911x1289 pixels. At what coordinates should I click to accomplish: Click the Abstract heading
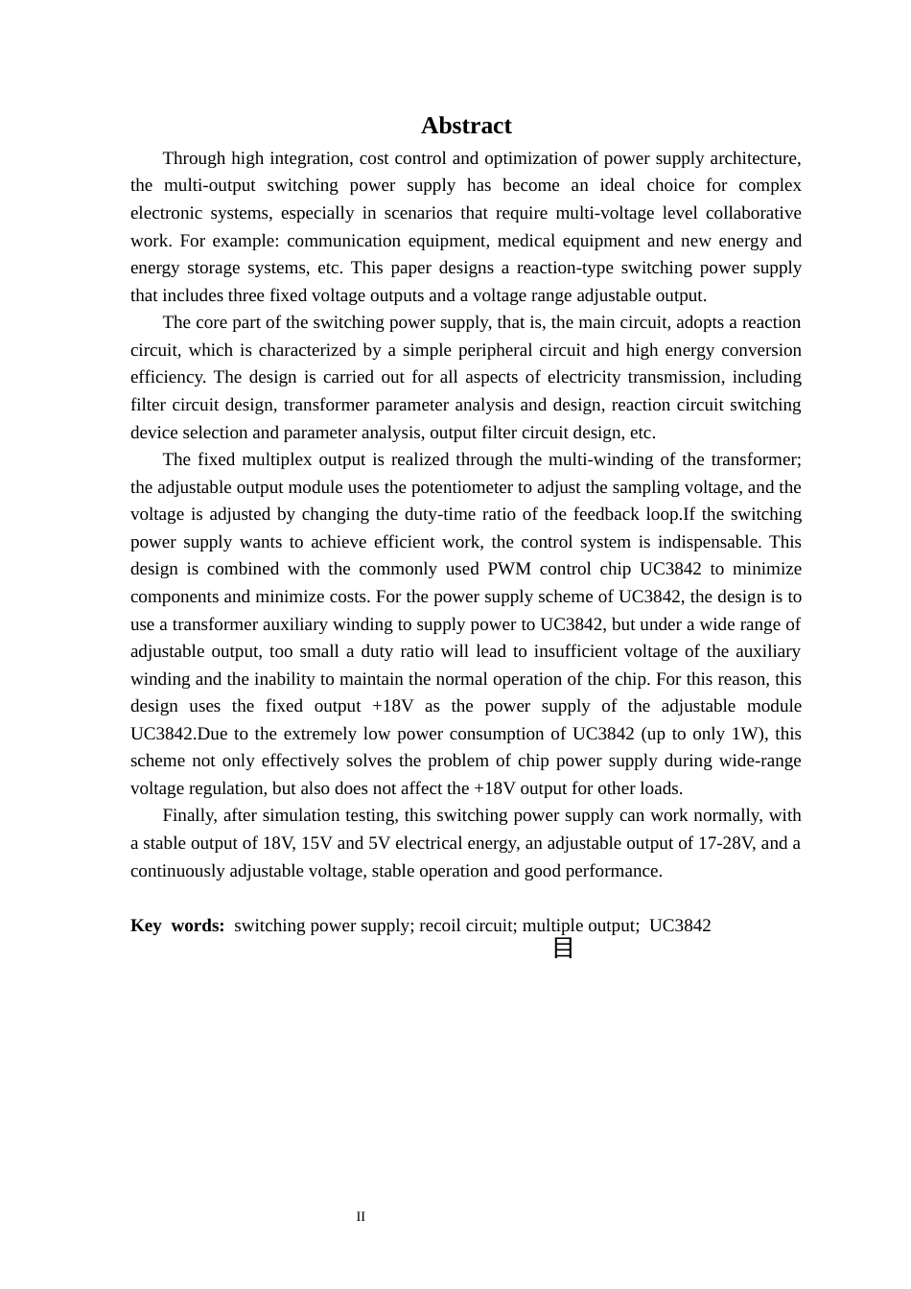pos(466,126)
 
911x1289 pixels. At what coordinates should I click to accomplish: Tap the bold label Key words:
pos(177,926)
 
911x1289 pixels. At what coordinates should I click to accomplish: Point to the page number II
pos(361,1217)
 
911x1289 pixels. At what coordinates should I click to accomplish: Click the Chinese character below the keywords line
pos(563,948)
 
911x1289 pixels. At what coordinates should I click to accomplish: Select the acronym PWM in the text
pos(509,569)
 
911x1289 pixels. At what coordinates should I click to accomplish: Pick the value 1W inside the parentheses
pos(743,734)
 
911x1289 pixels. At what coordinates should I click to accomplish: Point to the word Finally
pos(189,815)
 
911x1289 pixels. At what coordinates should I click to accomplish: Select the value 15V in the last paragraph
pos(316,843)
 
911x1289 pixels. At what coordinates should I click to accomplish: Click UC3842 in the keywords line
pos(680,926)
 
